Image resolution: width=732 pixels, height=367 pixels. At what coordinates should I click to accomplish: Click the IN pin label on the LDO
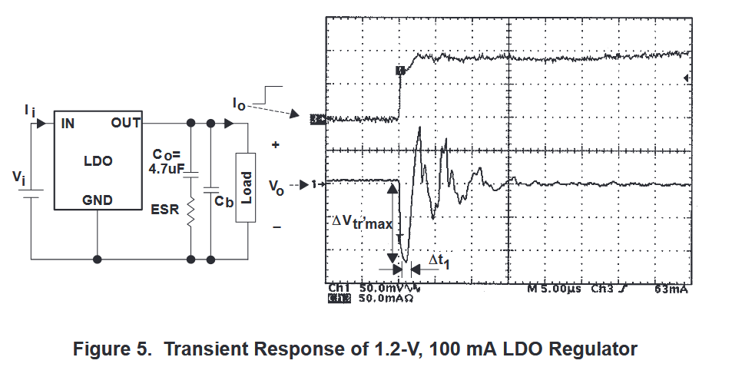pyautogui.click(x=68, y=122)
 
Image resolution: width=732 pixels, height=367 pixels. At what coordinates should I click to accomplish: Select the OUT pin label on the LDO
pyautogui.click(x=125, y=122)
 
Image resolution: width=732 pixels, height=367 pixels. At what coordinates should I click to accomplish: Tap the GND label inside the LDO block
pyautogui.click(x=98, y=200)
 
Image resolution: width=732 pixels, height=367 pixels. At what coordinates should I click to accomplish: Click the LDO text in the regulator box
pyautogui.click(x=98, y=161)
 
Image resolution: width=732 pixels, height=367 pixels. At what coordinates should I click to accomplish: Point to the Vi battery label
pyautogui.click(x=18, y=178)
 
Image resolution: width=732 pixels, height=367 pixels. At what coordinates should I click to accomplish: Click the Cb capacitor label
pyautogui.click(x=224, y=201)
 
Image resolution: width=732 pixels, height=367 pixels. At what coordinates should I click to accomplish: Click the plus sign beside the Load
pyautogui.click(x=274, y=144)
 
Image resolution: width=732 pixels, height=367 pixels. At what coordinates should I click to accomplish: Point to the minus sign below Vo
pyautogui.click(x=277, y=226)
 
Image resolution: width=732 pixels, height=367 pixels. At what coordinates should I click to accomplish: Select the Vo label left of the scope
pyautogui.click(x=277, y=186)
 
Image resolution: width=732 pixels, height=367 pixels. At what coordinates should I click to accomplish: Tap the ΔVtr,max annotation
pyautogui.click(x=361, y=221)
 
